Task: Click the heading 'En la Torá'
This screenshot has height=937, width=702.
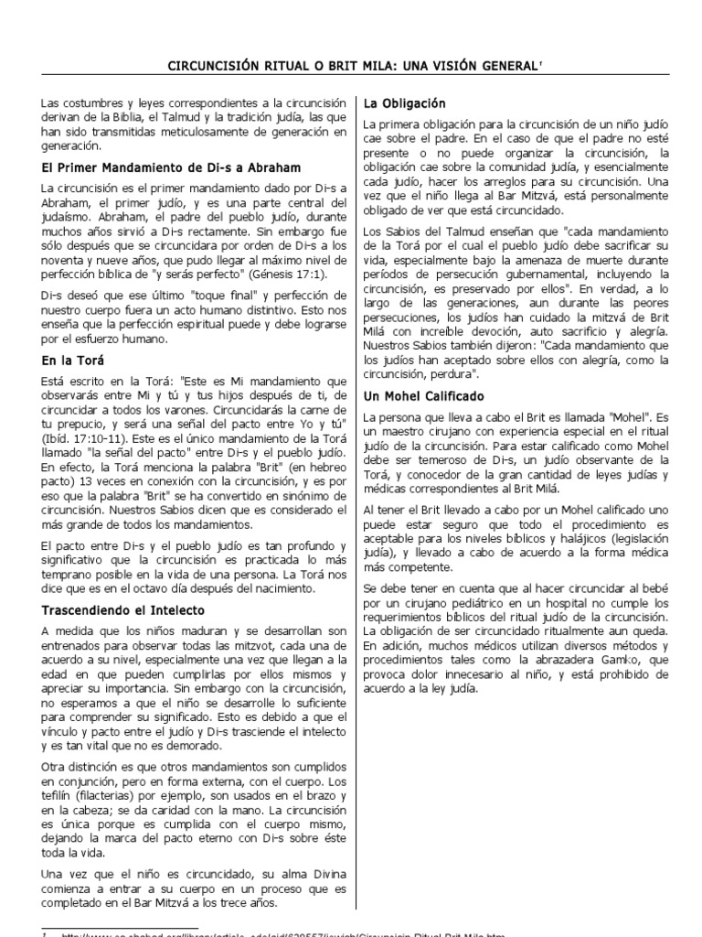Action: (73, 361)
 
